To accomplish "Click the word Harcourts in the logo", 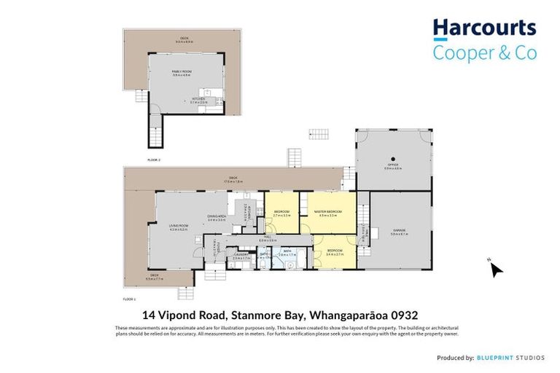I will (484, 29).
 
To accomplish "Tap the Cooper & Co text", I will (484, 52).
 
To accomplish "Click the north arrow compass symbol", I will (496, 269).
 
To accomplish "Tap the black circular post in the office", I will (392, 158).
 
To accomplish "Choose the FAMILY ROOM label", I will (181, 71).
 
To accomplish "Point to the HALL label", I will (267, 239).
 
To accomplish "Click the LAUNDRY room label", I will (241, 255).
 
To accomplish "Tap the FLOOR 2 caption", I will (153, 159).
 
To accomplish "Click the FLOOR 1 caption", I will (131, 299).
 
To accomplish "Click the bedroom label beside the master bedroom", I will (281, 214).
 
